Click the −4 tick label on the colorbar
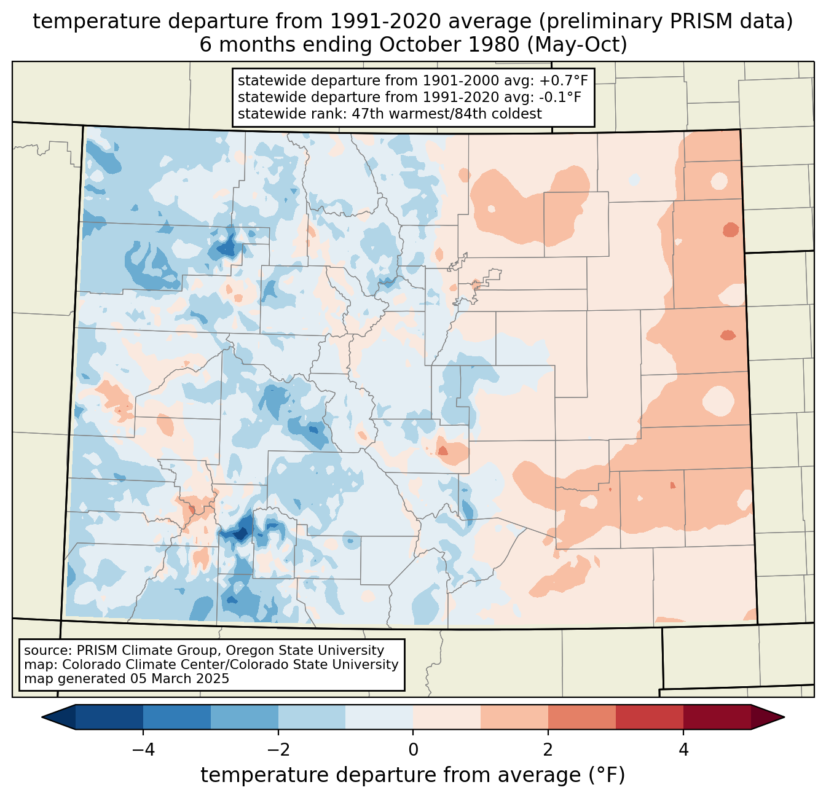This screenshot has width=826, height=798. [x=143, y=750]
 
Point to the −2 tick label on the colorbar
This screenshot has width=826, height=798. [x=278, y=750]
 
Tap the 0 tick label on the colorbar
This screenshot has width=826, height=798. [x=413, y=750]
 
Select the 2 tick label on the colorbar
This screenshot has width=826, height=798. [x=548, y=750]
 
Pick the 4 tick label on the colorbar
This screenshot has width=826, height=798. [x=683, y=750]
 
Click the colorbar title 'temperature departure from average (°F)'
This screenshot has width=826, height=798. [x=413, y=775]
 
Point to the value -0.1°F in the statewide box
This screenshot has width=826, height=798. [x=560, y=97]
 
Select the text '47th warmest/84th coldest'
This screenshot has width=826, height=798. [x=447, y=114]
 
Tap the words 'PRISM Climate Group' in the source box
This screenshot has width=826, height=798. [x=149, y=651]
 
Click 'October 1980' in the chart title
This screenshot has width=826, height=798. [x=449, y=44]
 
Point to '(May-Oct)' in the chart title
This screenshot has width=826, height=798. [x=577, y=45]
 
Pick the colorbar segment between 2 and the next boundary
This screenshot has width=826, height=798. [x=582, y=718]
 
